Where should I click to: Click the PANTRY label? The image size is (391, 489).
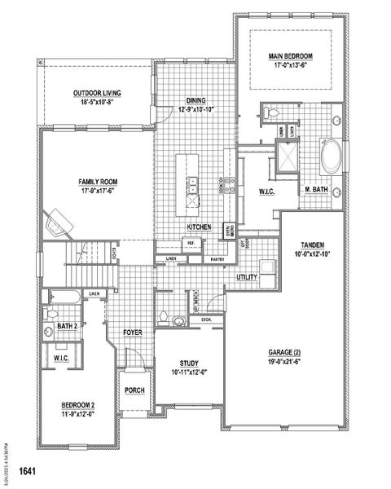tap(217, 258)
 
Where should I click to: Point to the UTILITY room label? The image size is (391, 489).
tap(248, 278)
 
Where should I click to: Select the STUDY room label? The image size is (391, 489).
tap(190, 363)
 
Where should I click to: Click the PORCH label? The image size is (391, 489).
tap(134, 390)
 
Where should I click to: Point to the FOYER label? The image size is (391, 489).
tap(133, 333)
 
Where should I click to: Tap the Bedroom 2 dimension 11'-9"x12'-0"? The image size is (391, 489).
tap(78, 413)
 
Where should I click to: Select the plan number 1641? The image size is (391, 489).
tap(29, 472)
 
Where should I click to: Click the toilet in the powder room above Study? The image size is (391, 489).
tap(164, 316)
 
